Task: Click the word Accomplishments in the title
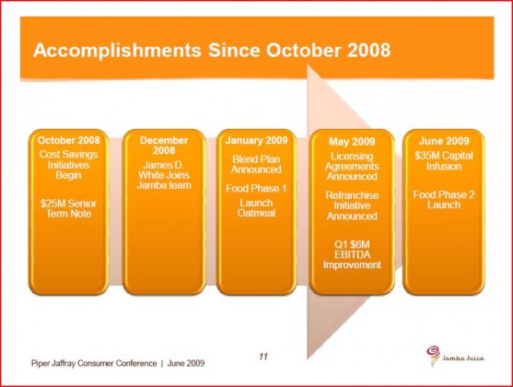(117, 51)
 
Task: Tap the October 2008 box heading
(68, 140)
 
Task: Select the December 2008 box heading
(164, 146)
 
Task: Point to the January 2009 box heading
(256, 140)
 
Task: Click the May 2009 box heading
(352, 142)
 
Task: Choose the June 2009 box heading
(444, 141)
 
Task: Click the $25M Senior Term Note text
(68, 208)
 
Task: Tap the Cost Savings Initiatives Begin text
(68, 165)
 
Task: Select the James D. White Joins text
(164, 170)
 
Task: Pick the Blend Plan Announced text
(256, 164)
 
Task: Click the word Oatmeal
(256, 213)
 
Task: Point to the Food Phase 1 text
(256, 188)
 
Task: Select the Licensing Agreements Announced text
(352, 167)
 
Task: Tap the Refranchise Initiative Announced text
(352, 205)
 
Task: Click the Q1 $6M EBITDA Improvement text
(352, 254)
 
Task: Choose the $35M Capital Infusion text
(444, 160)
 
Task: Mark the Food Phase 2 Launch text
(444, 200)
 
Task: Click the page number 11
(263, 357)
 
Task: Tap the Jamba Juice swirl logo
(433, 356)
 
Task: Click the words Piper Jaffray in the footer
(53, 363)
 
